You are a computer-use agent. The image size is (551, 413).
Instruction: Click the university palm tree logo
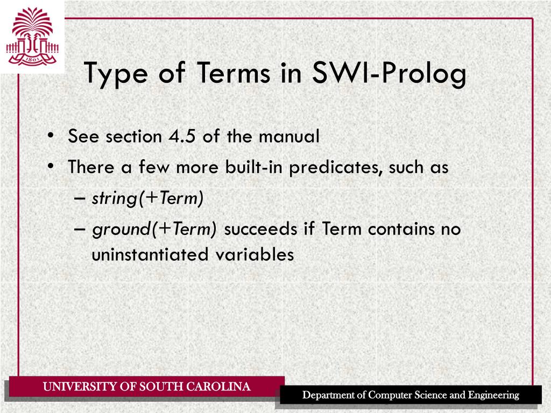(32, 36)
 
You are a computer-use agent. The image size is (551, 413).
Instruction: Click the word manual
(289, 137)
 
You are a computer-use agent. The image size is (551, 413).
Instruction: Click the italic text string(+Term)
(147, 198)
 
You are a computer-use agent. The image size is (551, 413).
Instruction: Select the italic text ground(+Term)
(154, 230)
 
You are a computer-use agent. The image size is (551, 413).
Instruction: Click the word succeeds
(260, 229)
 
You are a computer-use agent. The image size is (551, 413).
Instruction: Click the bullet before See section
(50, 137)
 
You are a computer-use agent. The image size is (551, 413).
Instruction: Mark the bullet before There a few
(50, 167)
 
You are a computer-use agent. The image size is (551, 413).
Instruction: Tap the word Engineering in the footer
(493, 395)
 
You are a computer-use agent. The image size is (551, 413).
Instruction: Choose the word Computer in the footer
(390, 395)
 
